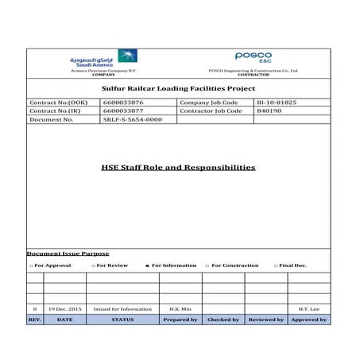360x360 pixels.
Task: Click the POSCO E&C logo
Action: click(x=253, y=57)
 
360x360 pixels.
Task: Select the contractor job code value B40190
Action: click(x=269, y=111)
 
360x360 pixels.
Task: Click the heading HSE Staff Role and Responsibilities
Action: click(x=178, y=168)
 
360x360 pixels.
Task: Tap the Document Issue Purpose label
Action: click(x=68, y=254)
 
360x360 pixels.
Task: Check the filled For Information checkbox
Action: click(x=147, y=265)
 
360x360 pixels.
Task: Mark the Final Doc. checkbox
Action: click(x=276, y=265)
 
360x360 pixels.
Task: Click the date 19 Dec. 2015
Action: click(x=64, y=308)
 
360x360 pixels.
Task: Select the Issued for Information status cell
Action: click(x=122, y=308)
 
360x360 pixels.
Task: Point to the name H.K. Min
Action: click(x=179, y=308)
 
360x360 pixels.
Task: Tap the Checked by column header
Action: click(x=223, y=319)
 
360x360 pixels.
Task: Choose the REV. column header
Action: click(x=34, y=319)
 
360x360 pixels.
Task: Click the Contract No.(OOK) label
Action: click(x=59, y=103)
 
